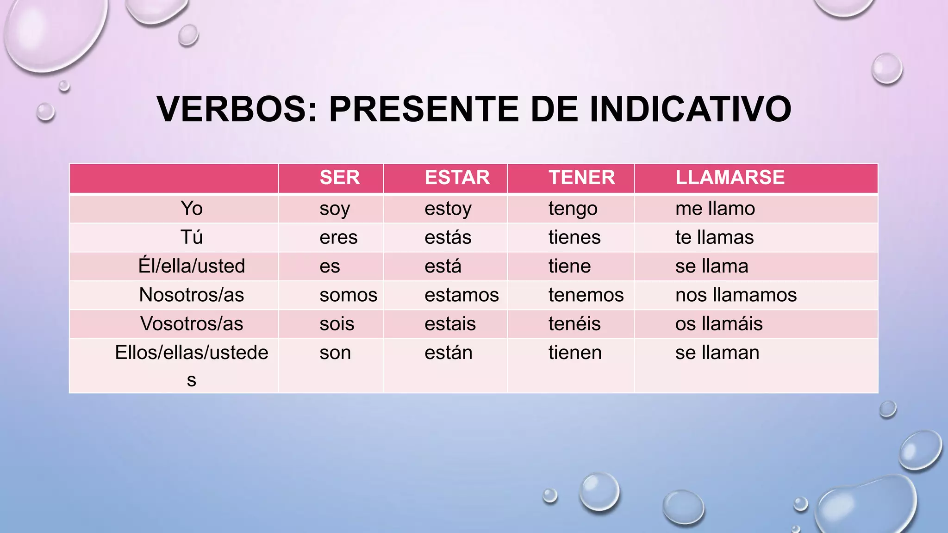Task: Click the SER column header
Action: [339, 178]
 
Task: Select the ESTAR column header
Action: [457, 178]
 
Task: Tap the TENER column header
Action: [581, 178]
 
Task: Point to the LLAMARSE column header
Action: [730, 178]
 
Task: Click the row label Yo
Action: [192, 209]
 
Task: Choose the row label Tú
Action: [192, 237]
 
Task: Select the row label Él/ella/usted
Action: [192, 266]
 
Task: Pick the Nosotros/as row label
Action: [192, 295]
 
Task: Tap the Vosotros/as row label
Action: [192, 324]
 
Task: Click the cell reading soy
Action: [335, 209]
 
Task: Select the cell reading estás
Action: [448, 238]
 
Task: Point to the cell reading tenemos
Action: [586, 295]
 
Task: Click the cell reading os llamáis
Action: [718, 324]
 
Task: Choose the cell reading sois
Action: [337, 324]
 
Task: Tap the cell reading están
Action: [448, 353]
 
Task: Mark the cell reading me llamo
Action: [715, 209]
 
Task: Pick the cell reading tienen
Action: [574, 353]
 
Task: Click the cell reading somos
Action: [348, 295]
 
